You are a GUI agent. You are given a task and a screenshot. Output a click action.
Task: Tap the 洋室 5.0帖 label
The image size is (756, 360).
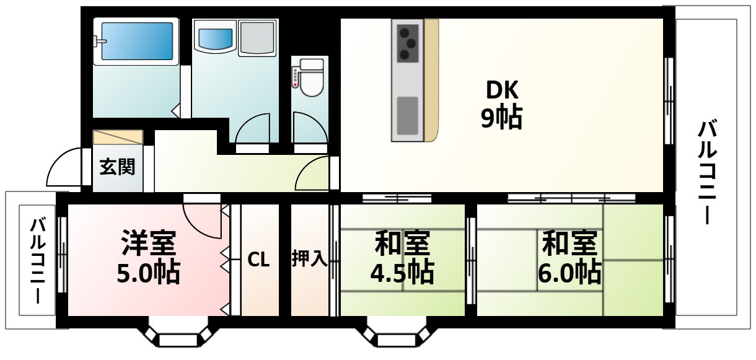coord(148,257)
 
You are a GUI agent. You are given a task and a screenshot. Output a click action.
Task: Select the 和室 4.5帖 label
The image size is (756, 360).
coord(402,257)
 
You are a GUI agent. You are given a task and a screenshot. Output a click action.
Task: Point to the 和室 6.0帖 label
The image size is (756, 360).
coord(569,257)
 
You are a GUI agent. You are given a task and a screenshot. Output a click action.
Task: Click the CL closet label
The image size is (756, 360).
coord(258,260)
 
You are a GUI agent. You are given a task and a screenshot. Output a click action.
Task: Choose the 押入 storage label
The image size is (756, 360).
coord(309,258)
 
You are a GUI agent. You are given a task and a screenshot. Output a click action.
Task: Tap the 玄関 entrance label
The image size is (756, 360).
coord(117,167)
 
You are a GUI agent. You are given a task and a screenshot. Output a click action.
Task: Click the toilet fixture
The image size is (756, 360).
coord(310,77)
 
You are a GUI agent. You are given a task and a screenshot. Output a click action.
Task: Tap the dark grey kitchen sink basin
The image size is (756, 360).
coord(407,115)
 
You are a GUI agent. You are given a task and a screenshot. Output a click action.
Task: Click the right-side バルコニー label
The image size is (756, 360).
coord(708,173)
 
